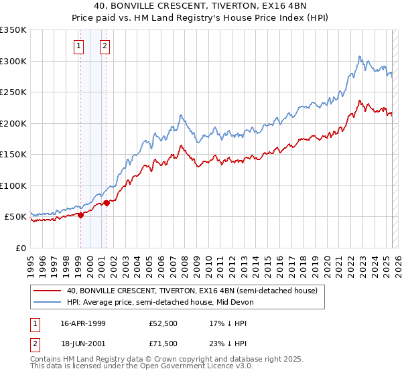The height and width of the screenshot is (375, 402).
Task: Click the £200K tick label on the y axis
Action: [13, 123]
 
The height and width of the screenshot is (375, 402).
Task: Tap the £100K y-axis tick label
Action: [13, 185]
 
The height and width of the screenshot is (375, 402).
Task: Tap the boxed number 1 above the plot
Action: [79, 46]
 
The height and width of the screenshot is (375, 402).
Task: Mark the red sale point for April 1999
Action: [80, 215]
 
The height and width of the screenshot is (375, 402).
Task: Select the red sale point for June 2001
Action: [107, 203]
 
